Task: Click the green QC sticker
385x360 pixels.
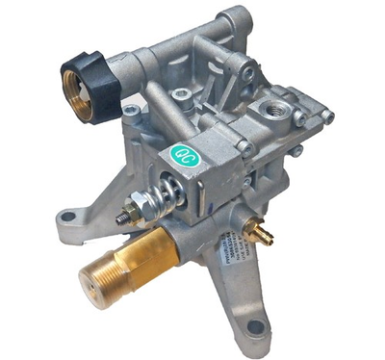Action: coord(182,151)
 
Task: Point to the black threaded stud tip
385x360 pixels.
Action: coord(122,218)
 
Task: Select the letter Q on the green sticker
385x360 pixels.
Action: coord(177,153)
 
